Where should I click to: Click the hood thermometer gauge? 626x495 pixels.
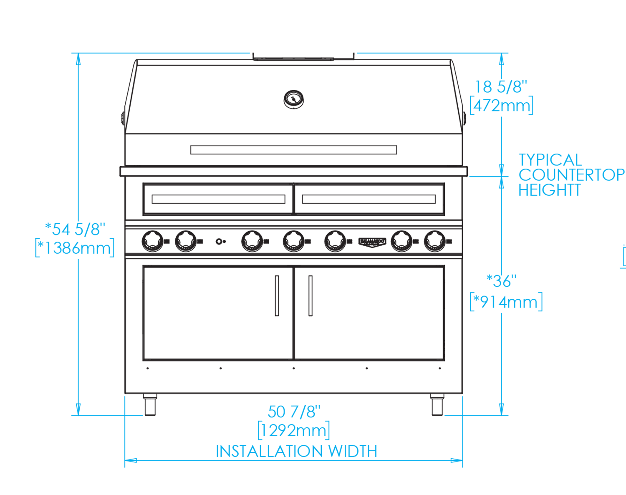point(293,100)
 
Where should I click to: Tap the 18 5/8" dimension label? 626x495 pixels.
point(501,87)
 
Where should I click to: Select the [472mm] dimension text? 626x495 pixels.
point(501,106)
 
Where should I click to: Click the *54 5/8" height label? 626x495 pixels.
point(75,229)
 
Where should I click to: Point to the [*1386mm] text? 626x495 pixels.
point(75,248)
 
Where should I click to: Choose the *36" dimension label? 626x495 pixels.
point(501,281)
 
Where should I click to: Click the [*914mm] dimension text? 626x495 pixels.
point(506,302)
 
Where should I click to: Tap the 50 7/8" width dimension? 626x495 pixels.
point(294,412)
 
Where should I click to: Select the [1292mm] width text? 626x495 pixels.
point(294,430)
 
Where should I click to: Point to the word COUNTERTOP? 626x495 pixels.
point(571,175)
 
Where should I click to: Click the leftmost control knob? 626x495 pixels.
point(152,241)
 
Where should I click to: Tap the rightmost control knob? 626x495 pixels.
point(435,241)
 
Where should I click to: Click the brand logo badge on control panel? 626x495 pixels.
point(372,242)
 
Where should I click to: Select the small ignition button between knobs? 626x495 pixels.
point(220,241)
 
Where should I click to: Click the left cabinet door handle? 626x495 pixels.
point(277,295)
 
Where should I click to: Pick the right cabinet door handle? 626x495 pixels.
point(310,295)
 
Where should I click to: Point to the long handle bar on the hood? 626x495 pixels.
point(293,149)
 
